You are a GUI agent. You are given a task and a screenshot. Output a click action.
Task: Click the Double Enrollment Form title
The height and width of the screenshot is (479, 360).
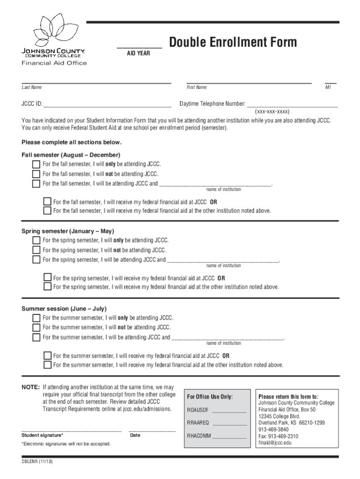233,43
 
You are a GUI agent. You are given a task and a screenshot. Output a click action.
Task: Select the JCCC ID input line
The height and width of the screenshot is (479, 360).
108,106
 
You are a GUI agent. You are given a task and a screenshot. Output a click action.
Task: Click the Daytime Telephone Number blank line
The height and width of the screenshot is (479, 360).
292,106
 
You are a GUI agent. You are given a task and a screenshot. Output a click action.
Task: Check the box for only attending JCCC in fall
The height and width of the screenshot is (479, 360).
36,165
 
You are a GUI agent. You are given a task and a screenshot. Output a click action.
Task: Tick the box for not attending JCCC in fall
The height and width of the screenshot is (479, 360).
36,174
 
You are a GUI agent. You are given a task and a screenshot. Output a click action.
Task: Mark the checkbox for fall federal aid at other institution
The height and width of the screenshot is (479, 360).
47,211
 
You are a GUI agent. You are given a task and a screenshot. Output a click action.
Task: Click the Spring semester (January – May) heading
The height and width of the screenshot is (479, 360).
68,232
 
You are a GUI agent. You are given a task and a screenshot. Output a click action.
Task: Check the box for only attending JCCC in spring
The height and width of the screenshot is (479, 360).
36,241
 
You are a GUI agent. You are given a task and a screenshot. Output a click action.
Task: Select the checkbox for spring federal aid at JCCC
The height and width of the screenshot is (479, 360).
47,278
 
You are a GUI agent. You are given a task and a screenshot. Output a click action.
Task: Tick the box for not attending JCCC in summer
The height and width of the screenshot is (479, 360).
36,327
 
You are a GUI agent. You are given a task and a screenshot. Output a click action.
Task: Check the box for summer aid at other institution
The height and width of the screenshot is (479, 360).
47,365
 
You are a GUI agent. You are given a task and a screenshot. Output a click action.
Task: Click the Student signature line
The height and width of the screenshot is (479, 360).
71,429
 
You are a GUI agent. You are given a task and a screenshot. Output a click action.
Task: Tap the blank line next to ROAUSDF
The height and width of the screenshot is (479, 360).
229,412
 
